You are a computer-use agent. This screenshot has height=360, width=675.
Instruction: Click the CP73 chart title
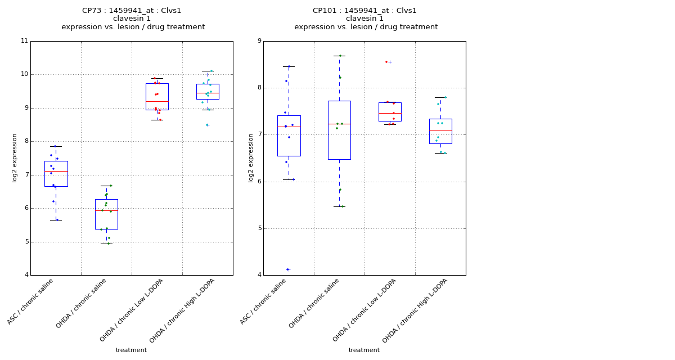point(133,19)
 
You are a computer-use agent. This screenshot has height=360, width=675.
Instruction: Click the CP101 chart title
point(366,19)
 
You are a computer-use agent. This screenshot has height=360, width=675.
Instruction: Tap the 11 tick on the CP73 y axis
point(24,41)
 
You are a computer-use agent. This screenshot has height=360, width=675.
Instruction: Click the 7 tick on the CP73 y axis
point(24,175)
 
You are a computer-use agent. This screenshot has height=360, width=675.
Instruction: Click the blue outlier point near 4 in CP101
point(287,269)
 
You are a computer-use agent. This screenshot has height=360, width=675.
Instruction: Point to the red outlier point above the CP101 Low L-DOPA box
point(386,62)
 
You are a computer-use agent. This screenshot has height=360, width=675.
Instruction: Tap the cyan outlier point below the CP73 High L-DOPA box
point(207,125)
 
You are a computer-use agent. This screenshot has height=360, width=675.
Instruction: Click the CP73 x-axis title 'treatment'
point(131,350)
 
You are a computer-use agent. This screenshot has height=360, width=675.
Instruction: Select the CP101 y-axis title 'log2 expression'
point(251,157)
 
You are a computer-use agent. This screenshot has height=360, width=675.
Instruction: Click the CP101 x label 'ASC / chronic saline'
point(264,301)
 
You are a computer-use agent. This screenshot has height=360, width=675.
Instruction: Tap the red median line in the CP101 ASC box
point(289,127)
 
